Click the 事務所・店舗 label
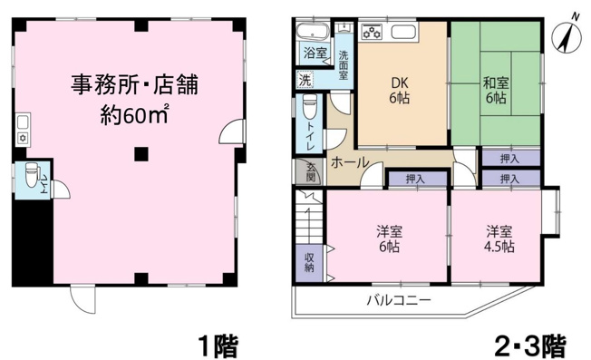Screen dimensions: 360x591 click(x=135, y=86)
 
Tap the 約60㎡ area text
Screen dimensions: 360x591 click(x=135, y=115)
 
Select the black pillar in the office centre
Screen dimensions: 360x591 click(x=140, y=153)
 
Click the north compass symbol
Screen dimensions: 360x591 click(x=567, y=36)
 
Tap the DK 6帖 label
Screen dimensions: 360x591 click(x=400, y=88)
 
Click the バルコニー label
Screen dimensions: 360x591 click(x=398, y=299)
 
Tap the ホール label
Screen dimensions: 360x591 click(x=349, y=163)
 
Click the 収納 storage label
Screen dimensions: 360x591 click(x=309, y=261)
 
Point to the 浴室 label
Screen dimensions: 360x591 click(x=315, y=54)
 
